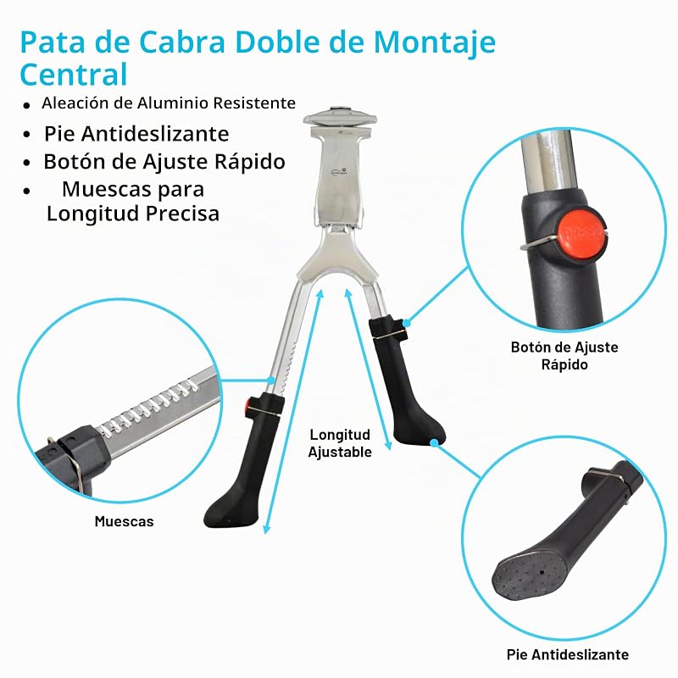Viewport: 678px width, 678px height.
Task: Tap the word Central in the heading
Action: pos(74,75)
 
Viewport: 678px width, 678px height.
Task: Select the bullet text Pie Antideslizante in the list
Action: pos(136,134)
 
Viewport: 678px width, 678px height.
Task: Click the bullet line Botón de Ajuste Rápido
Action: pos(164,162)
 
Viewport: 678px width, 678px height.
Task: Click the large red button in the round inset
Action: pos(580,233)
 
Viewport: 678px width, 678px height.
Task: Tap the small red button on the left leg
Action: pos(248,405)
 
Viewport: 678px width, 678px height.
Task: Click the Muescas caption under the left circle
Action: pos(124,521)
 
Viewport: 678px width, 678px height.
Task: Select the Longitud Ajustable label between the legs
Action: pos(340,443)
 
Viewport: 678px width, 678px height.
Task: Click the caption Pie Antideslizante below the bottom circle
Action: pos(568,654)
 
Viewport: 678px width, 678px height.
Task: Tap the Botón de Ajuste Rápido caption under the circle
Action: pos(564,355)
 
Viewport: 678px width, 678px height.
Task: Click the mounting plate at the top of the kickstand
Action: pos(340,116)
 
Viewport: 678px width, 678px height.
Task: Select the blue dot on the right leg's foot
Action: pos(434,442)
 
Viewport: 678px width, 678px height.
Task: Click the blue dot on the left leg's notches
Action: pos(271,380)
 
